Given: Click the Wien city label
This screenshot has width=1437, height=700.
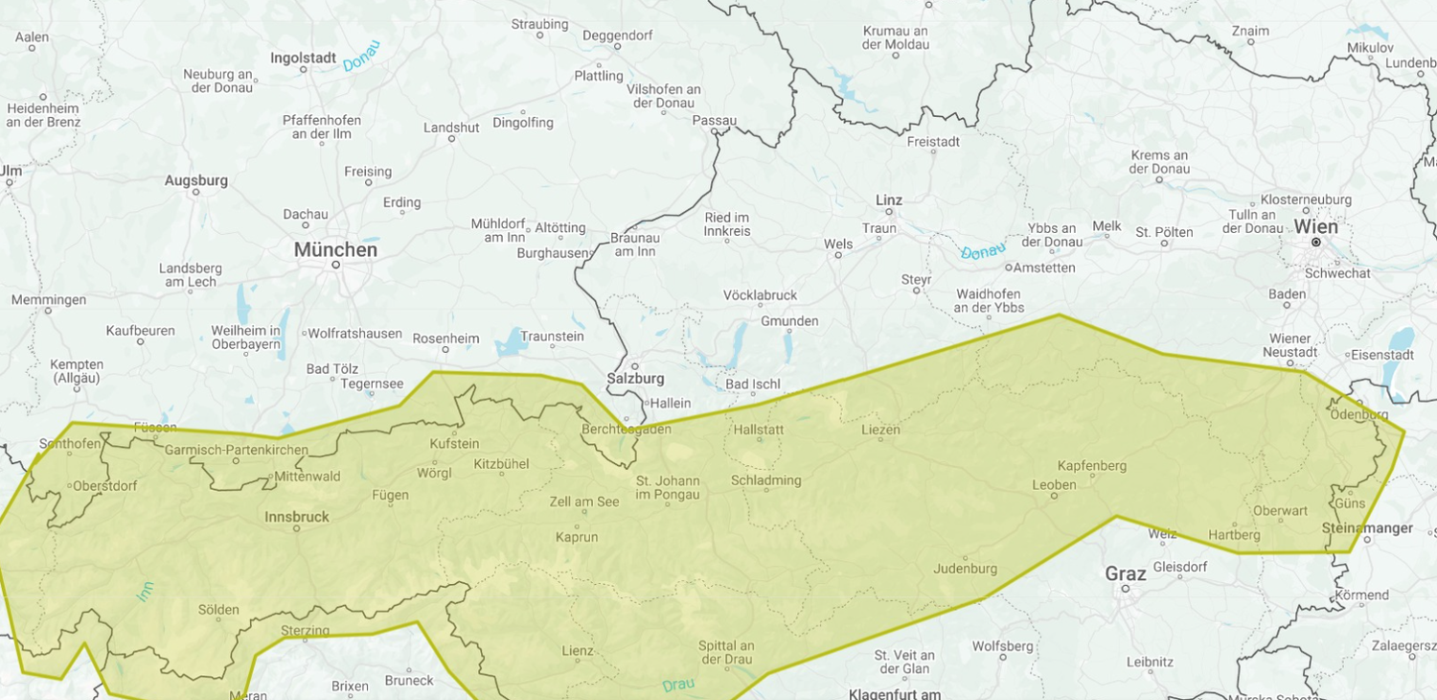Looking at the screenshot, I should point(1315,226).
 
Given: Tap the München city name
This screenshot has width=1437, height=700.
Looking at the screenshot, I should point(335,249).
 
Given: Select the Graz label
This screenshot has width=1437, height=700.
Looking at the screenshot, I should point(1126,573).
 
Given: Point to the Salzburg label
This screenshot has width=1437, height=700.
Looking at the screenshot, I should point(635,379).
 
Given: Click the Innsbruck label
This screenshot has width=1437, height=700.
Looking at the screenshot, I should point(297,517).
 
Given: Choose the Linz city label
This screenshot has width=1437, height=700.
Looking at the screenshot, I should point(888,199).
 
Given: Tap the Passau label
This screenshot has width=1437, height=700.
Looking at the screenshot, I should point(715,120).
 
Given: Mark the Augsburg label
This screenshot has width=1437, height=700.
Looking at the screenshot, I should point(196,180).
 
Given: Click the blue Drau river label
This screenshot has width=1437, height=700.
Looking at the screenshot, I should point(678,685).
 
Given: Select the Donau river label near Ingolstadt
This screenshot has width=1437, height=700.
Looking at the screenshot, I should point(361,56).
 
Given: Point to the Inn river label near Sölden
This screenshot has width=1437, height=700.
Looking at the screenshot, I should point(145,592).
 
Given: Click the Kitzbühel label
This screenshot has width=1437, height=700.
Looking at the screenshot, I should point(501,464).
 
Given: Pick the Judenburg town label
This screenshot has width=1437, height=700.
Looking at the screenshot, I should point(965,569).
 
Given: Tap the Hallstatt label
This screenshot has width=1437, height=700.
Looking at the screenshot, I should point(758,430).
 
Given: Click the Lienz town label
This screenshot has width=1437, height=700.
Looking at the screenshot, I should point(577,650).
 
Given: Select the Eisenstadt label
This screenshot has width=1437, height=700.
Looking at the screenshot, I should point(1382,355).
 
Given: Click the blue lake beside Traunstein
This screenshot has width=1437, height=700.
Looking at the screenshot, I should point(511,341).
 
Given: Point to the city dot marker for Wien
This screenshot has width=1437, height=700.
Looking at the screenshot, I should point(1316,243).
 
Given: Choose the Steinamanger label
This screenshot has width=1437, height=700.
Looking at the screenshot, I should point(1367,528).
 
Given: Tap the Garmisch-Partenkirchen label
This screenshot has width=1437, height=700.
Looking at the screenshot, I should point(237,450).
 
